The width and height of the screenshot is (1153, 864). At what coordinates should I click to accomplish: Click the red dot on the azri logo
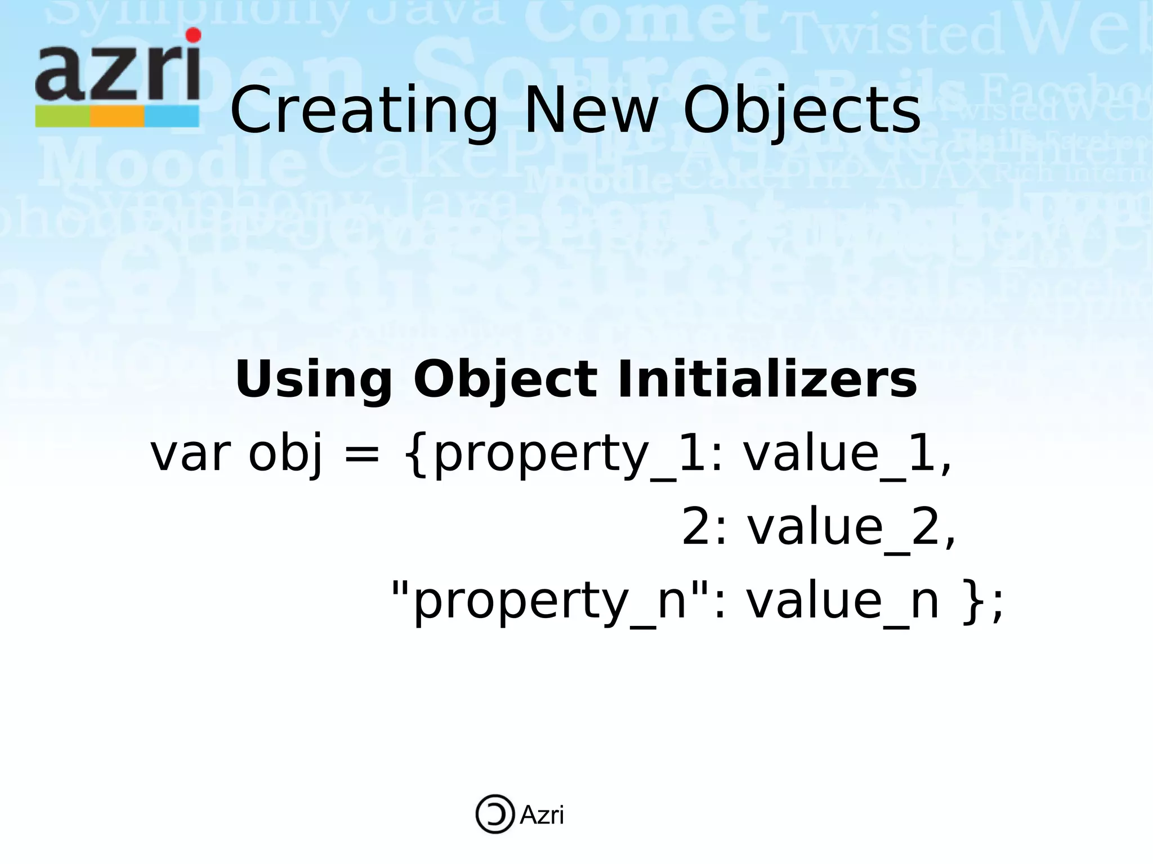pos(193,35)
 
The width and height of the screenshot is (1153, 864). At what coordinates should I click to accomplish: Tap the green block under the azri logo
pos(62,117)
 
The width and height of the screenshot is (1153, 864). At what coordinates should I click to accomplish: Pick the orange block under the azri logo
pos(117,117)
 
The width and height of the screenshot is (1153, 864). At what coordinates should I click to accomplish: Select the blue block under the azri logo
pos(172,117)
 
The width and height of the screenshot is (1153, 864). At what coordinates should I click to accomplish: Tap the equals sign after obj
pos(361,455)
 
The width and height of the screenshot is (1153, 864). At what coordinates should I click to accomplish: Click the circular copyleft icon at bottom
pos(495,814)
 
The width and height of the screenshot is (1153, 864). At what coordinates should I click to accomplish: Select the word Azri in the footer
pos(541,815)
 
